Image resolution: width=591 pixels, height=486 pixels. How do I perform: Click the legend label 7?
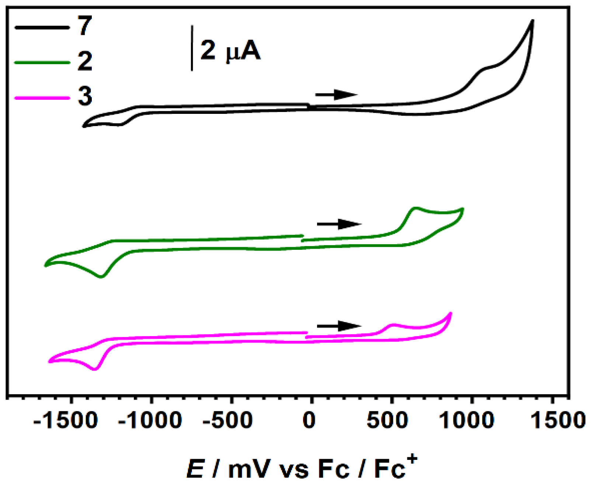pos(85,26)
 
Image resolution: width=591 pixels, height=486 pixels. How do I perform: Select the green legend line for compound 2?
pos(42,62)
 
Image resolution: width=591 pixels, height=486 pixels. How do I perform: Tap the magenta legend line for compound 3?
pos(42,98)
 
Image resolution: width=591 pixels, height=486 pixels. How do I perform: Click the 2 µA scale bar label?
pos(230,50)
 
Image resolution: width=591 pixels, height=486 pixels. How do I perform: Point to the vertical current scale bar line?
pos(192,48)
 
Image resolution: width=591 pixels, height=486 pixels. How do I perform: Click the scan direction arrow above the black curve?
pos(336,95)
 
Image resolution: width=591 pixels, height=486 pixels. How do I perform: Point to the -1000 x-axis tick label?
pos(150,420)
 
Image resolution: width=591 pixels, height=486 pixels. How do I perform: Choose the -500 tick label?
pos(228,420)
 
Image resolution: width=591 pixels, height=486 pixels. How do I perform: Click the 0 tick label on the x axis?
pos(309,420)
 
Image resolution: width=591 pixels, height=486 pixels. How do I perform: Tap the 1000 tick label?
pos(467,420)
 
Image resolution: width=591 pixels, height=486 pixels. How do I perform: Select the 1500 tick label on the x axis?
pos(558,420)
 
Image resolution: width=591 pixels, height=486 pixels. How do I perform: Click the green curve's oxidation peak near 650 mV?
pos(416,208)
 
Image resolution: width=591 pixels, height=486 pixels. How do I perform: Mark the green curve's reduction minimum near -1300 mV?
pos(101,277)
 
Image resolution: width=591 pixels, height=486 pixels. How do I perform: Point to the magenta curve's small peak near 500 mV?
pos(392,325)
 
